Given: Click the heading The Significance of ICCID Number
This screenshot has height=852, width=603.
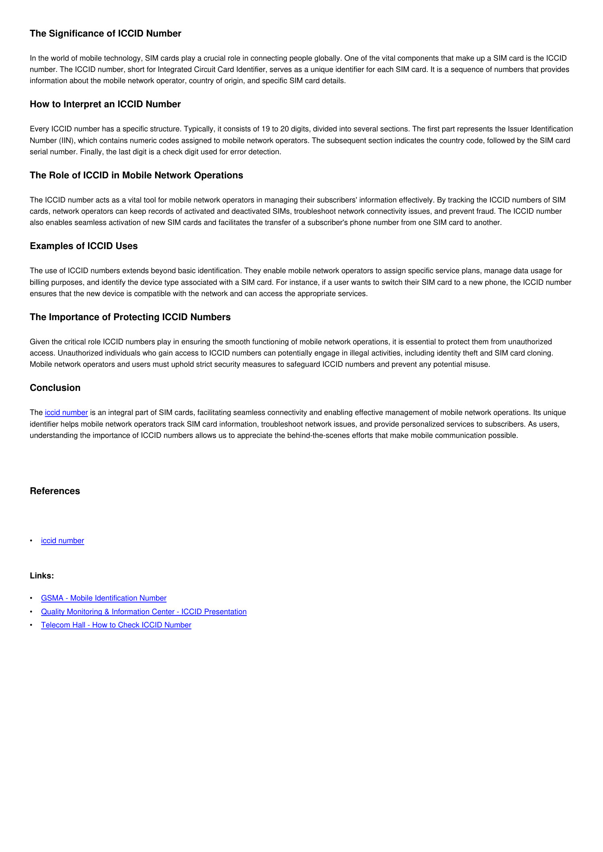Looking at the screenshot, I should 105,33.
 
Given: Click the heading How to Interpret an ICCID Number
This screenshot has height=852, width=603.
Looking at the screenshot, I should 105,104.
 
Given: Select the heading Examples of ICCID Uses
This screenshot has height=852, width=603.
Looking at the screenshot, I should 84,246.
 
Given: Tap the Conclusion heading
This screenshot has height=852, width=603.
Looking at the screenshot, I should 55,388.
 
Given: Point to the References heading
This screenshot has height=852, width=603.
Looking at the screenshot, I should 55,491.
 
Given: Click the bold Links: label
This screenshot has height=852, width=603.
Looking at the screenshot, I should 42,576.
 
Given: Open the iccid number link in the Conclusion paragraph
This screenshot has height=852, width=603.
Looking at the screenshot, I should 66,413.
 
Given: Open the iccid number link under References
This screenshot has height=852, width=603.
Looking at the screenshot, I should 62,541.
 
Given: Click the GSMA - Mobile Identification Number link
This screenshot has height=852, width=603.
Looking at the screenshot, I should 104,598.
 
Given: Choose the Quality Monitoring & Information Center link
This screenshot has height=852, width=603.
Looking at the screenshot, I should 144,612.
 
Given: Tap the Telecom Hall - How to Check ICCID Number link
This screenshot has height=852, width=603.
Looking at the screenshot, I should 116,625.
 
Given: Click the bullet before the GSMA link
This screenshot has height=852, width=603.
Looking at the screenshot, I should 31,599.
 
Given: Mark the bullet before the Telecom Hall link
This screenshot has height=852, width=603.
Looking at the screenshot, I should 31,625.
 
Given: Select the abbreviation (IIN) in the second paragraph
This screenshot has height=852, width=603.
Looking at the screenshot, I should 67,141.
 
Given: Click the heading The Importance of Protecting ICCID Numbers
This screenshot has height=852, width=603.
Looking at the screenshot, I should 130,317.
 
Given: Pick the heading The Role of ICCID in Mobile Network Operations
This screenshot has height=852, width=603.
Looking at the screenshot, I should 136,176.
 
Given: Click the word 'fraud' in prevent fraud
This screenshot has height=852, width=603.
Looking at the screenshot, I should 485,211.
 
